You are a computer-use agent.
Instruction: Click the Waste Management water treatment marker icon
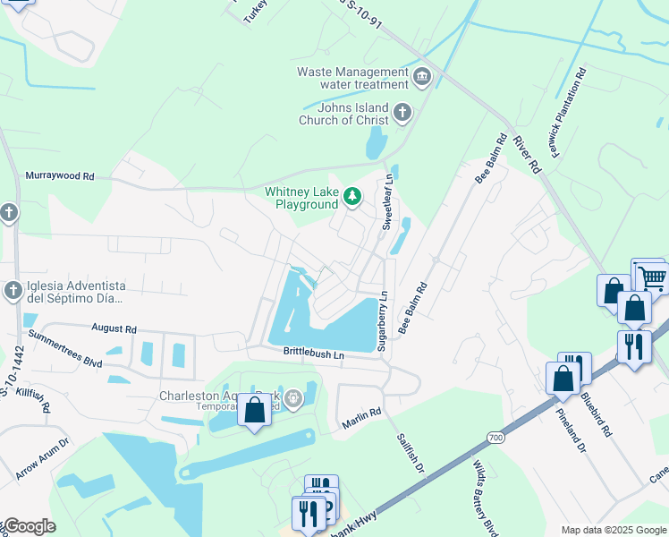[422, 79]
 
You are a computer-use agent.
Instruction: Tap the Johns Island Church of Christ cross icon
[402, 114]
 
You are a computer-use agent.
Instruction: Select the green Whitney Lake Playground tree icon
[353, 197]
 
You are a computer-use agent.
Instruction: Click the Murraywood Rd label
[60, 176]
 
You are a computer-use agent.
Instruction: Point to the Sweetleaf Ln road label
[388, 203]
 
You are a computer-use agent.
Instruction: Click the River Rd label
[527, 154]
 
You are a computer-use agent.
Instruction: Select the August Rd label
[113, 329]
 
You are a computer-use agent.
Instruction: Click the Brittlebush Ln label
[314, 354]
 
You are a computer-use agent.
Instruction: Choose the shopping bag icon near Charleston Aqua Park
[254, 411]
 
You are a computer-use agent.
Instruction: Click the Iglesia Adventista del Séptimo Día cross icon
[13, 290]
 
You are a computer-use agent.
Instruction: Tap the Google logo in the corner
[30, 526]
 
